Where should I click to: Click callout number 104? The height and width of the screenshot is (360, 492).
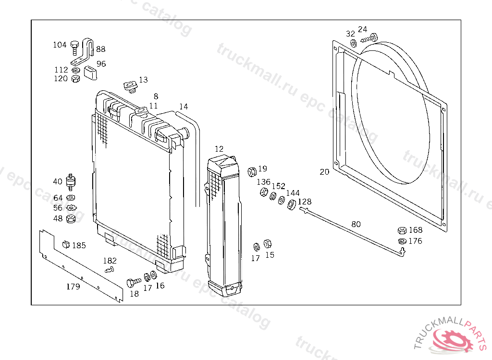[60, 45]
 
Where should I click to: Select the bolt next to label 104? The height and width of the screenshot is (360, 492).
[74, 46]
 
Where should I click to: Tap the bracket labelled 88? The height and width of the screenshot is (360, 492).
[86, 52]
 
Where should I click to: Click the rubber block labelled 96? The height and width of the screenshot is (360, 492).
[90, 73]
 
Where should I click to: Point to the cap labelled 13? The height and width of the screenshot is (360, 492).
[129, 87]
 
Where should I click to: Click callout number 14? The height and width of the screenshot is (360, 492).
[184, 107]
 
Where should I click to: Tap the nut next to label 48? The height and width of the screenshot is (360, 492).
[70, 219]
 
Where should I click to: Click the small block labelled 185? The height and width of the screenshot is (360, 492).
[66, 245]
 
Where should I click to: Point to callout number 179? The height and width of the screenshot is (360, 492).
[73, 287]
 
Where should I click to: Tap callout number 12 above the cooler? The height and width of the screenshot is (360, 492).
[219, 149]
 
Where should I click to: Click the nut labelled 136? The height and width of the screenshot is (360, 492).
[264, 192]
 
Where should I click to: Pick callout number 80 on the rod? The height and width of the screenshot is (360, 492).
[356, 224]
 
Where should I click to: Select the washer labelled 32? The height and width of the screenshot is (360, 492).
[353, 44]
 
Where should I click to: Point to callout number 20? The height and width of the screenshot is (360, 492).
[325, 171]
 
